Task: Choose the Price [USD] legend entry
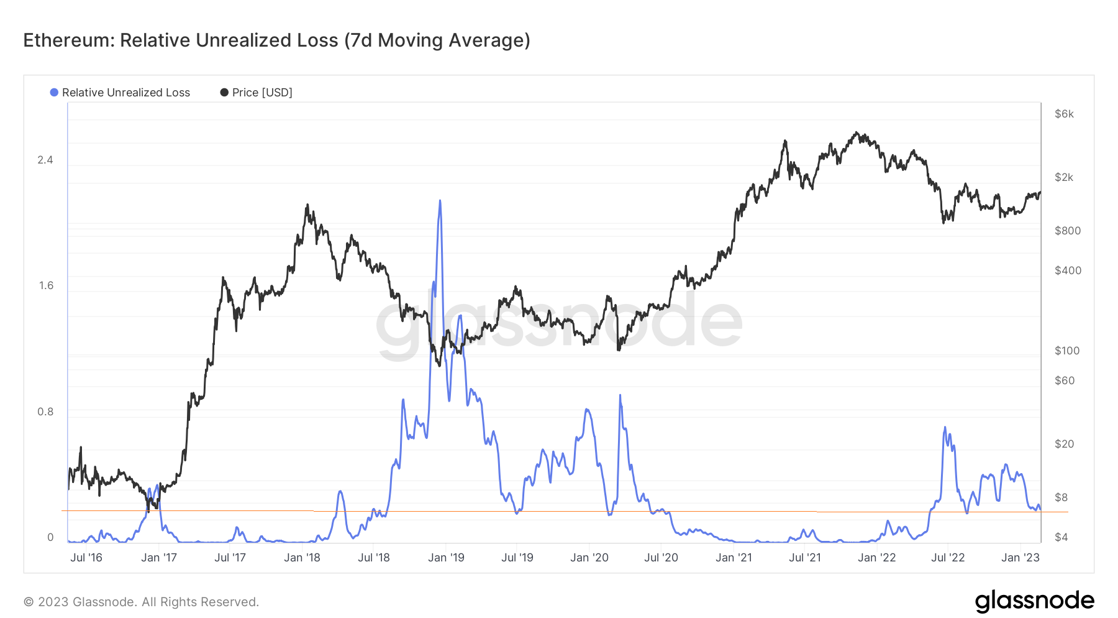click(261, 93)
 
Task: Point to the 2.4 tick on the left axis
click(45, 160)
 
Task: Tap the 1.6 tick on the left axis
click(46, 286)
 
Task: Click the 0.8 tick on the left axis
click(45, 412)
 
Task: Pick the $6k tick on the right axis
click(1064, 114)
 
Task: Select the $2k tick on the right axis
click(1064, 177)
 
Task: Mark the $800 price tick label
click(1068, 231)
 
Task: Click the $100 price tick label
click(1067, 351)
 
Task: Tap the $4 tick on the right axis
click(1061, 537)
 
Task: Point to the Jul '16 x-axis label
click(86, 558)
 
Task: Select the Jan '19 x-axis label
click(446, 558)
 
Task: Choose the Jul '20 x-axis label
click(661, 558)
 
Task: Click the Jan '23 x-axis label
click(1020, 558)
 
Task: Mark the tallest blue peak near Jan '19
click(440, 201)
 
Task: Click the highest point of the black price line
click(857, 132)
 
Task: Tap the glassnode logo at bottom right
click(1034, 601)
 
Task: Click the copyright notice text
click(141, 602)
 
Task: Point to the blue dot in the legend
click(54, 93)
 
